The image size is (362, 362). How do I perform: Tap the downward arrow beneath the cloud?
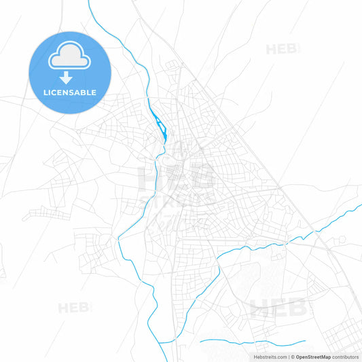coord(70,77)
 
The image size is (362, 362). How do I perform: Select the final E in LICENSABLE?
coord(94,92)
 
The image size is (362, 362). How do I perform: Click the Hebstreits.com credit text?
coord(268,357)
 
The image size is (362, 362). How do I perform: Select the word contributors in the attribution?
coord(345,357)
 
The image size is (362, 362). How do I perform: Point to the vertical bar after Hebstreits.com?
coord(288,357)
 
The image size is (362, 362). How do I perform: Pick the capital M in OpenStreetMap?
coord(325,357)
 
